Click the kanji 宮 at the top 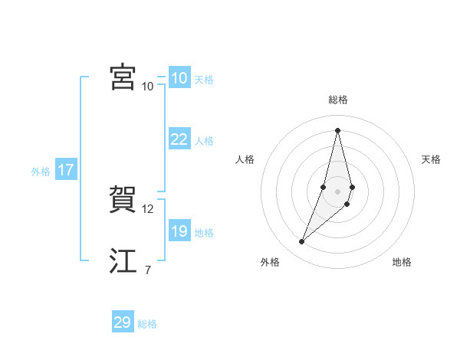[123, 77]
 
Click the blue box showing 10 [179, 77]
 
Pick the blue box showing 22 [179, 139]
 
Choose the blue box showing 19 [179, 231]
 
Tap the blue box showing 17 [65, 170]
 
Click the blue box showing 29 [123, 322]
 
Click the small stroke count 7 [147, 270]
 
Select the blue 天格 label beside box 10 [204, 80]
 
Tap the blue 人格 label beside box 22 [204, 141]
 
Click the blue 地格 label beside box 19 [204, 233]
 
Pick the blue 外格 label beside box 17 [41, 172]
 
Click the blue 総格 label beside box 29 [147, 325]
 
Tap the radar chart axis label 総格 [338, 100]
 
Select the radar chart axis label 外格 [269, 262]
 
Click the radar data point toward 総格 [337, 130]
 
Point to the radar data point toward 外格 [302, 242]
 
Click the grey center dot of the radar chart [337, 191]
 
